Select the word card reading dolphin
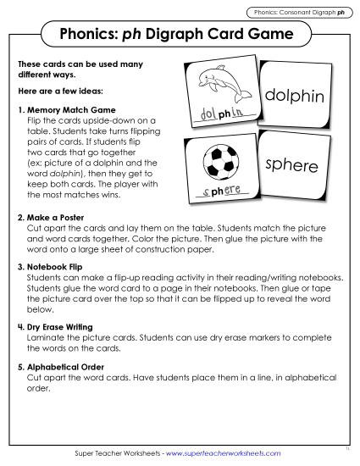pos(294,97)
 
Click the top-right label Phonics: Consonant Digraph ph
pos(301,13)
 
